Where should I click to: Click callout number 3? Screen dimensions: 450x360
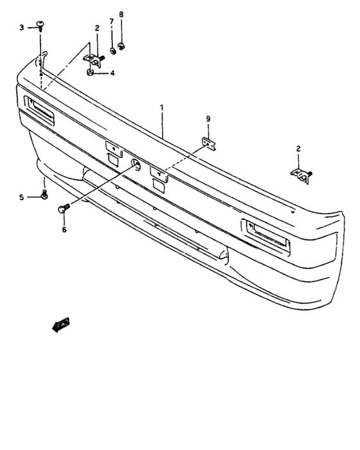[x=21, y=27]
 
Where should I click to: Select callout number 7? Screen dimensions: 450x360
[x=111, y=21]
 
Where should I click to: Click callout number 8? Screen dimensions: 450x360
[x=121, y=14]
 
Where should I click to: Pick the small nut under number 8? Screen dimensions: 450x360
[x=122, y=46]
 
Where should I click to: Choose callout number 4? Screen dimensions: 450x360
[x=112, y=73]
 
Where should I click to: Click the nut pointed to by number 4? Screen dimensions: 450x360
[x=92, y=73]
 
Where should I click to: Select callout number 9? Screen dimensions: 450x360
[x=208, y=119]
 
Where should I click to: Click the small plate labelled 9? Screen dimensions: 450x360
[x=209, y=143]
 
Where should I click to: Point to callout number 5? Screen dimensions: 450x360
[x=21, y=197]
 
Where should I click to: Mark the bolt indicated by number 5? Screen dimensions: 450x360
[x=43, y=195]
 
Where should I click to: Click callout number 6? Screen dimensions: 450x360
[x=63, y=229]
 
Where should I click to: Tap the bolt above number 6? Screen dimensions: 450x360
[x=63, y=208]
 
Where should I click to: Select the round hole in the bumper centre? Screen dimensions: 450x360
[x=136, y=164]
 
